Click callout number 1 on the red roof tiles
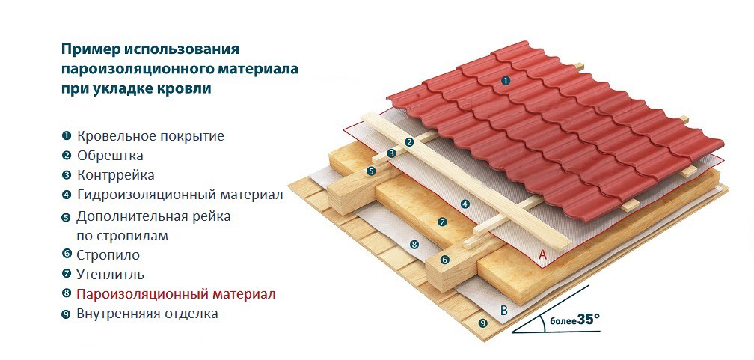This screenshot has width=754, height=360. (x=505, y=81)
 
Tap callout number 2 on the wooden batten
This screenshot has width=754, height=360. (x=409, y=142)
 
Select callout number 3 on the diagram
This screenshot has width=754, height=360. (x=391, y=153)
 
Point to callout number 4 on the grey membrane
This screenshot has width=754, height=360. (x=465, y=204)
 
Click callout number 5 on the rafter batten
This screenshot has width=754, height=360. (x=370, y=171)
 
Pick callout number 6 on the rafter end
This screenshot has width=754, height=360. (x=445, y=260)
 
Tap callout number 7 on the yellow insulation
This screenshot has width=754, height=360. (x=443, y=222)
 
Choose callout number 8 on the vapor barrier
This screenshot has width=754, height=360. (x=414, y=245)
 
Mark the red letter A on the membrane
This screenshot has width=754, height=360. (x=543, y=255)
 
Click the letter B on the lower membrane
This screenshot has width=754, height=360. (x=503, y=311)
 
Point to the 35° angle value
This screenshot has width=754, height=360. (x=589, y=319)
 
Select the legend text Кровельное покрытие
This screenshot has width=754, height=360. (x=150, y=136)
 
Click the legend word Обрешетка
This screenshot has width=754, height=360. (x=110, y=156)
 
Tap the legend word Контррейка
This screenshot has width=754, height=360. (x=116, y=175)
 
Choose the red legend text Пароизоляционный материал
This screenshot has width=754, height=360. (x=176, y=294)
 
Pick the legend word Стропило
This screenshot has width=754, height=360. (x=108, y=255)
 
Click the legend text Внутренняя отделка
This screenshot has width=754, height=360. (x=147, y=314)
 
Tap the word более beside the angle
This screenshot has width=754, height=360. (x=563, y=321)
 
